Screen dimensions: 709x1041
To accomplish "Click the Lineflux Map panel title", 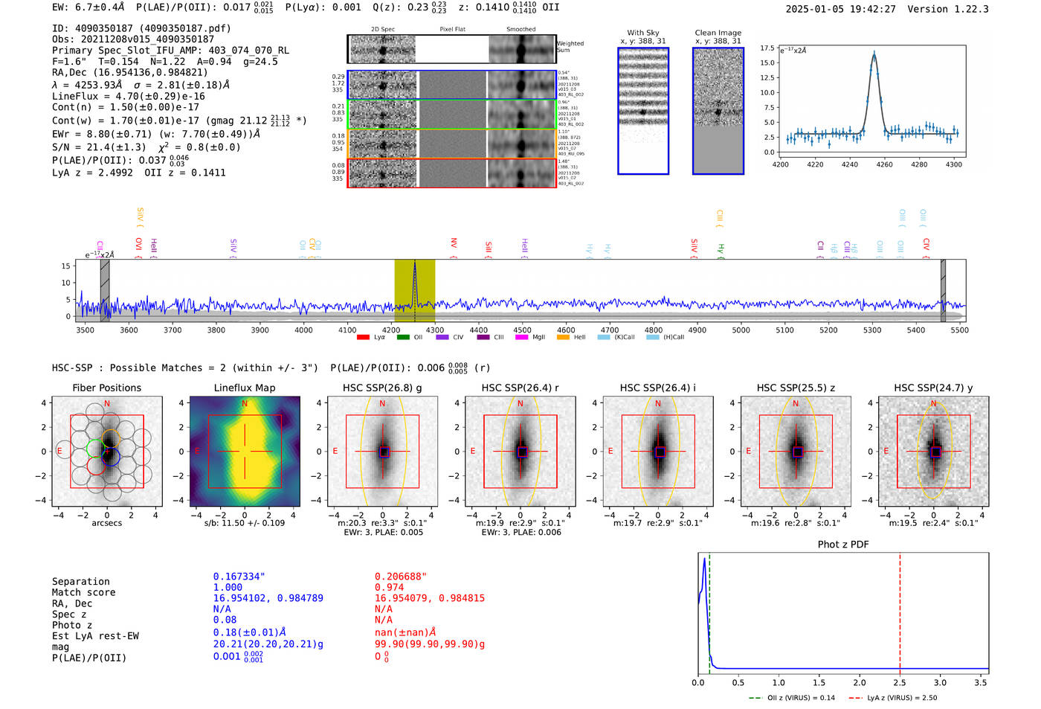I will click(x=244, y=388).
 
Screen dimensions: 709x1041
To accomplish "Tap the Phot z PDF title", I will click(x=842, y=545).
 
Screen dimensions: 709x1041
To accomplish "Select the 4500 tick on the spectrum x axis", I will click(x=522, y=330).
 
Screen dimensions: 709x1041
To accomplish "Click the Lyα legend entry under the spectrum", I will click(x=371, y=338).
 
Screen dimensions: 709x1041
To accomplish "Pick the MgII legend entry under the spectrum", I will click(x=531, y=338).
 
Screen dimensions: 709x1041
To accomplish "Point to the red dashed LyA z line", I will click(x=900, y=610).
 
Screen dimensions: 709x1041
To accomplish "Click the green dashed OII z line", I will click(x=709, y=610).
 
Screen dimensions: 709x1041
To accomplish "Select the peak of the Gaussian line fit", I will click(x=874, y=54).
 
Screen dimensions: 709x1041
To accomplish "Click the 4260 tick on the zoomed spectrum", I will click(x=884, y=164).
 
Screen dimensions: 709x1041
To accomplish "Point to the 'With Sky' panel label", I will click(x=642, y=33).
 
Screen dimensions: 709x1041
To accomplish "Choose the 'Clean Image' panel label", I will click(x=718, y=33).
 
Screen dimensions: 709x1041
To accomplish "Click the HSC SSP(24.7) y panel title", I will click(x=933, y=388).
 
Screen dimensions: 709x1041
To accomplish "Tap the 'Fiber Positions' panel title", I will click(x=106, y=388).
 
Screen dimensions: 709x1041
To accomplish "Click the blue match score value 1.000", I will click(x=228, y=588).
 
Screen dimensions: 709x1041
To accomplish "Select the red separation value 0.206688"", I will click(x=400, y=577).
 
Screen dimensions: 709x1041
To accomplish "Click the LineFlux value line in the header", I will click(x=128, y=96).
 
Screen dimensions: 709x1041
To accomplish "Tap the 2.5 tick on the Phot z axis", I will click(x=900, y=682).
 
